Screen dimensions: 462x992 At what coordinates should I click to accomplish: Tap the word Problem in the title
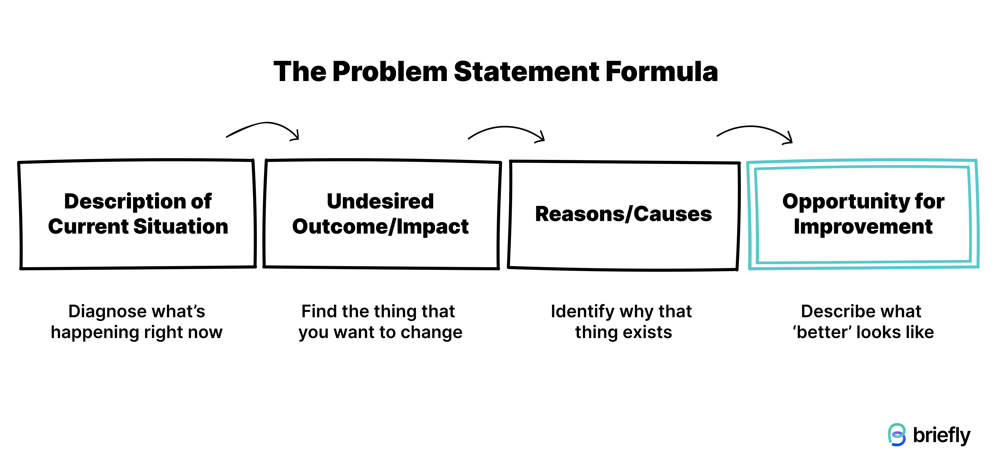(390, 72)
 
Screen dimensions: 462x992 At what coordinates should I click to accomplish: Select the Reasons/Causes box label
(623, 214)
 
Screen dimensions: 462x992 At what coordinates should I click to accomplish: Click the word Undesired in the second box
(380, 201)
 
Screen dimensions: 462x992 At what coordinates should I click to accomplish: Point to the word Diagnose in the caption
(101, 311)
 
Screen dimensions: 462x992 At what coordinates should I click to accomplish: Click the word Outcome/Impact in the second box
(380, 226)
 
